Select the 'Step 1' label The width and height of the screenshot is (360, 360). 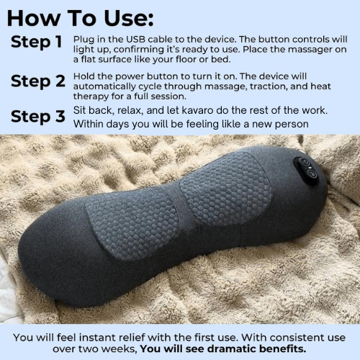click(x=36, y=42)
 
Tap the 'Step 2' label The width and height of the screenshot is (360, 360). click(x=37, y=81)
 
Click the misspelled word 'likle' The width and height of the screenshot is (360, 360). click(x=212, y=125)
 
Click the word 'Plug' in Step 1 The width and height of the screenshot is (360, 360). click(x=86, y=37)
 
